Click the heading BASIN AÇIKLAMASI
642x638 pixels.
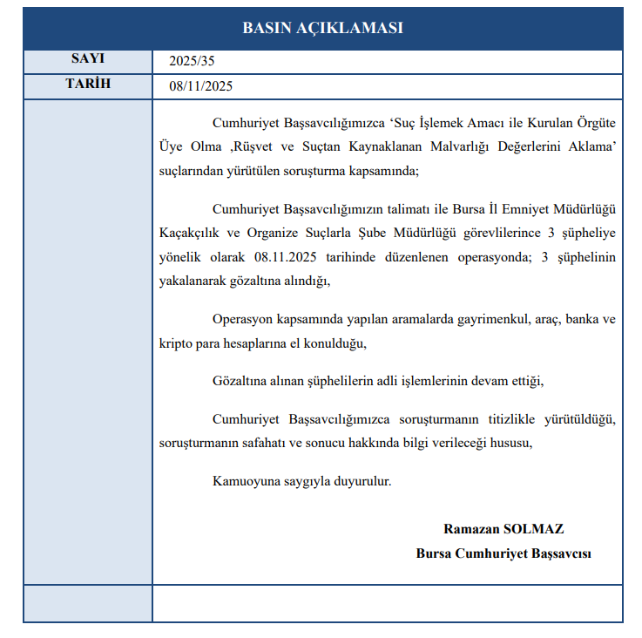(322, 28)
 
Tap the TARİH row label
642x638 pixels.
(87, 85)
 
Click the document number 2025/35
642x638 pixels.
(192, 62)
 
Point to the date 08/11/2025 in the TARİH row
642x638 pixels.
(201, 87)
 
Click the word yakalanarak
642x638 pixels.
(194, 282)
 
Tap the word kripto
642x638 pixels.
(175, 343)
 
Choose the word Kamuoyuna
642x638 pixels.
(247, 480)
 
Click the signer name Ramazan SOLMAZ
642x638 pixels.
(503, 529)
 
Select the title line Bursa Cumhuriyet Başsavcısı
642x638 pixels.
(503, 553)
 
